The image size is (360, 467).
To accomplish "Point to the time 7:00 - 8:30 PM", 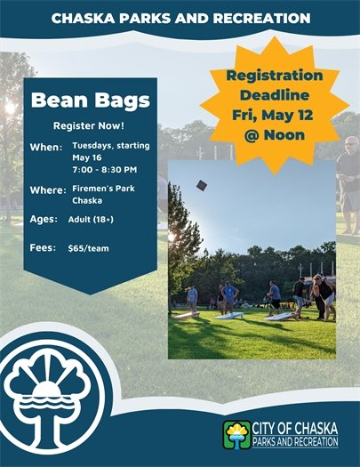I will click(104, 168).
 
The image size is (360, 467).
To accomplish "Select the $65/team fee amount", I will click(88, 248).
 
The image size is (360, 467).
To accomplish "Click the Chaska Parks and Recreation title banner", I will click(180, 18).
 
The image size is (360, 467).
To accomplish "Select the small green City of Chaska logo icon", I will click(237, 435).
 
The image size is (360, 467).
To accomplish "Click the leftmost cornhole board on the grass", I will click(187, 314).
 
